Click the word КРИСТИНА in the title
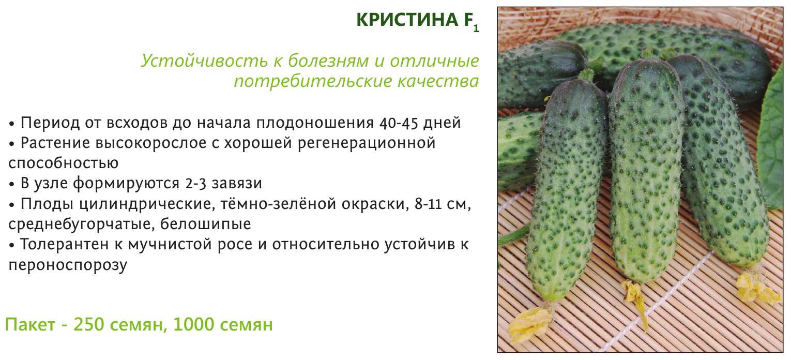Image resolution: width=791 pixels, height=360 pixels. coord(407,20)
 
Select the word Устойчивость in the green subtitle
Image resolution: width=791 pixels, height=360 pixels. coord(204,61)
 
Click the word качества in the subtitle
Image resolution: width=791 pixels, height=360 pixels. coord(438,81)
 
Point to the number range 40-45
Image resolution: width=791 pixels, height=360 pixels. coord(399,123)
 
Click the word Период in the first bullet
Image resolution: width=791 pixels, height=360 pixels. coord(50,123)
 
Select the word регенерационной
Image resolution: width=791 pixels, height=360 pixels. coord(367,143)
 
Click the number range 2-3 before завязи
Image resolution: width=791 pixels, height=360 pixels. coord(195,184)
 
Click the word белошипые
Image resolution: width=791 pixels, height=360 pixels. coord(206,224)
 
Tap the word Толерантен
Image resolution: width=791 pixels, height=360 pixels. coord(64,245)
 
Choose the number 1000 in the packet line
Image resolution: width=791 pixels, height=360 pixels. coord(193,324)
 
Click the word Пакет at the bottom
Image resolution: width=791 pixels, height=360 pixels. coord(30,324)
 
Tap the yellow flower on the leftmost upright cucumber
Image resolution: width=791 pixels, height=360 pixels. coord(530,323)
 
